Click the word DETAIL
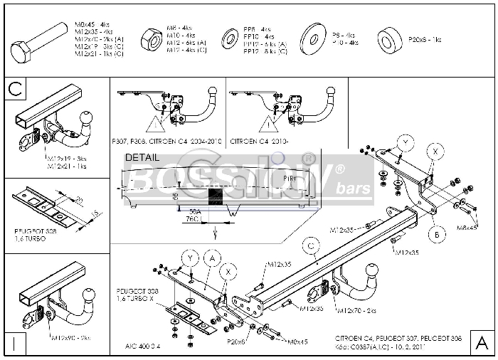coord(142,157)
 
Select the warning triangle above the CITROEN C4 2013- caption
coord(267,126)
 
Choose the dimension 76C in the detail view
coord(192,220)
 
